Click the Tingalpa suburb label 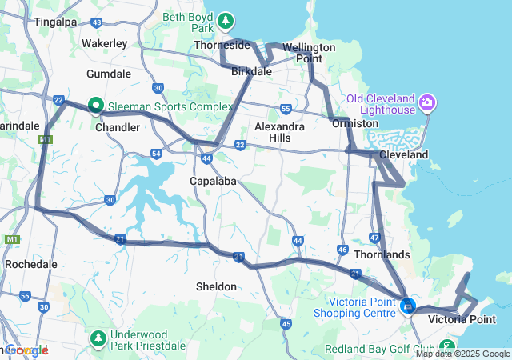point(54,22)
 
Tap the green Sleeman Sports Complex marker point(95,105)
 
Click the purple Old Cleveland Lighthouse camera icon point(427,102)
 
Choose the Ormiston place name point(354,124)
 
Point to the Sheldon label point(216,286)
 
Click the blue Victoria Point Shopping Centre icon point(408,306)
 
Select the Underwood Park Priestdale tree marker point(98,338)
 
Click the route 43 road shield point(97,22)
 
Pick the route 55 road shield point(286,108)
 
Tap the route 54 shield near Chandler point(155,152)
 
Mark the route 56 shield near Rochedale point(25,296)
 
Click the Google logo point(26,350)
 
